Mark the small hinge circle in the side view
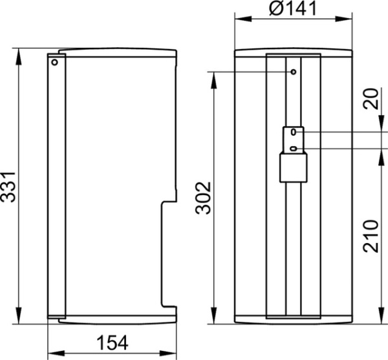55,63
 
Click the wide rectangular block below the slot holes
293,169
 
